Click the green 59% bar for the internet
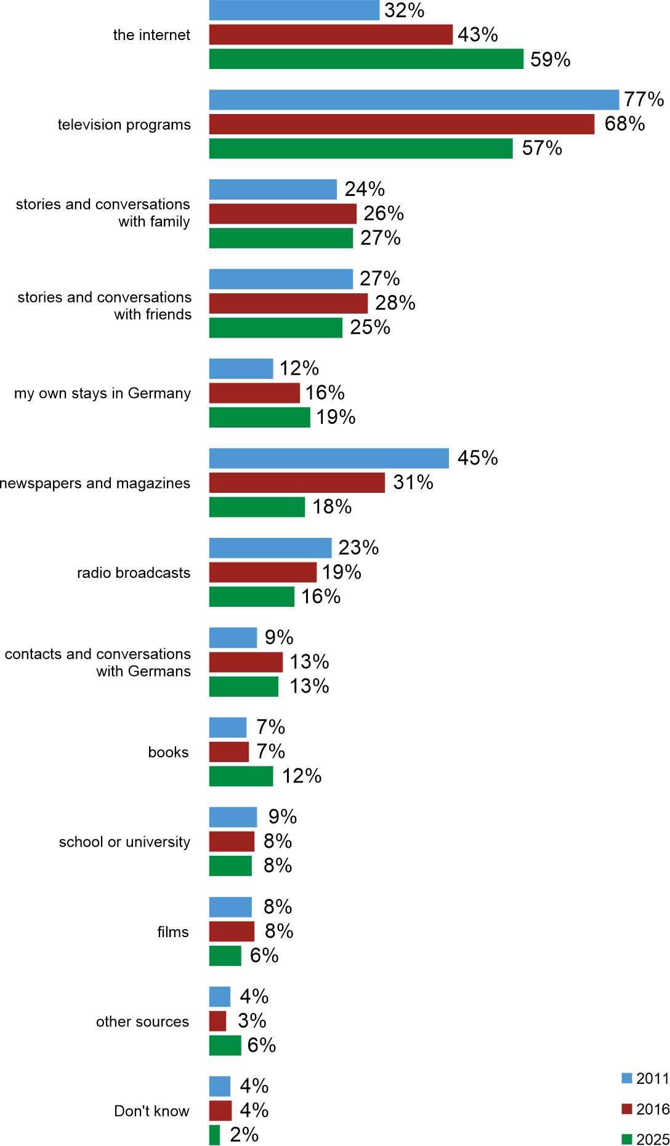coord(366,59)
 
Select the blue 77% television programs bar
coord(414,100)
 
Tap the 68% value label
coord(624,124)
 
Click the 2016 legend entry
coord(645,1109)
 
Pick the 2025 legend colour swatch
coord(627,1139)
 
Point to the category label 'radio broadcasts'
coord(134,573)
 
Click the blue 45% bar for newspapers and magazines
coord(329,458)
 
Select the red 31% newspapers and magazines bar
coord(297,482)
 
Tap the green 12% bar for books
coord(241,776)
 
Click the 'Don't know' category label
coord(151,1111)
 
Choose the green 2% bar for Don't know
coord(214,1135)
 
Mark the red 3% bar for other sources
coord(217,1021)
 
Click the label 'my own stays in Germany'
coord(102,393)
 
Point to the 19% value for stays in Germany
coord(336,417)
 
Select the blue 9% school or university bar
coord(233,817)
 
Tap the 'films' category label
coord(172,932)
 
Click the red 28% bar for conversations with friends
coord(288,303)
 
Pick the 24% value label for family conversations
coord(365,189)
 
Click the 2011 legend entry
coord(645,1078)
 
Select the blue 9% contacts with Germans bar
coord(233,638)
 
